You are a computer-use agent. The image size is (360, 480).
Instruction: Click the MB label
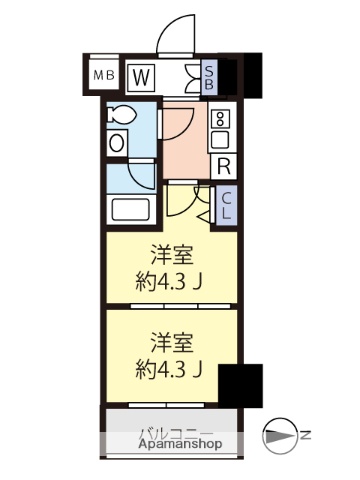click(104, 76)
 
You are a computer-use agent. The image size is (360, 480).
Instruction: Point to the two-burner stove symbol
click(220, 129)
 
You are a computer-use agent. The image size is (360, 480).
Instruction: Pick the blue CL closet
click(226, 205)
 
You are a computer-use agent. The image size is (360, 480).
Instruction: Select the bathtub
click(131, 210)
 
